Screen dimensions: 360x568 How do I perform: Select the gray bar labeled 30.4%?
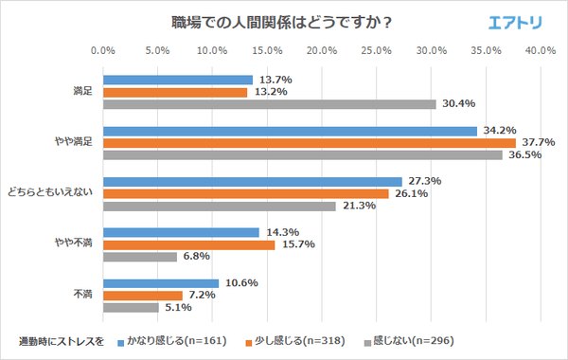[269, 104]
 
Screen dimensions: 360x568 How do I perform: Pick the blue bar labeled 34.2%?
[290, 131]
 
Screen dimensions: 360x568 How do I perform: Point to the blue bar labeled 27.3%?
[252, 181]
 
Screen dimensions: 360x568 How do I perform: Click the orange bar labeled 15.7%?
[188, 244]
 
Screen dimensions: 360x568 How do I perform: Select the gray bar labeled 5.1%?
[130, 307]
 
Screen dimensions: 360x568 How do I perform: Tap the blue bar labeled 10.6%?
[160, 283]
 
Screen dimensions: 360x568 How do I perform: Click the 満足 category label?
[82, 92]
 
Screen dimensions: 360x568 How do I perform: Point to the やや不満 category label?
[76, 244]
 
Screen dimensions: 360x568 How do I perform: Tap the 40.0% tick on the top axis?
[541, 50]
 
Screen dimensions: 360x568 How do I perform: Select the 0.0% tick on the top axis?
[102, 50]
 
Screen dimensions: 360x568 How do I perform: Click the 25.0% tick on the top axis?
[376, 50]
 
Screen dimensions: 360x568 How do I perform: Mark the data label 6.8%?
[195, 257]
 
